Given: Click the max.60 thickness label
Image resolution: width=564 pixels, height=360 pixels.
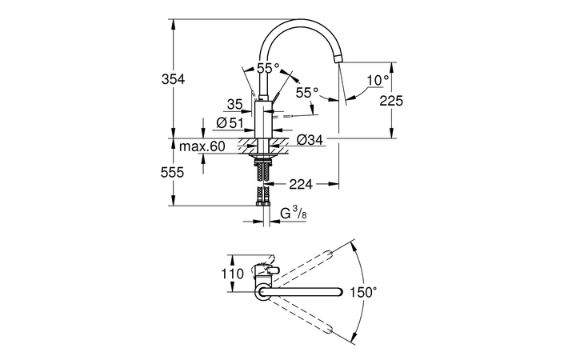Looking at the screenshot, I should (202, 146).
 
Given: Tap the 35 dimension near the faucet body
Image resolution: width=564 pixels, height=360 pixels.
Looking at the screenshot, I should (234, 104).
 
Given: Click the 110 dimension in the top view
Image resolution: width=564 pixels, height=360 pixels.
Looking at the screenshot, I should (232, 274).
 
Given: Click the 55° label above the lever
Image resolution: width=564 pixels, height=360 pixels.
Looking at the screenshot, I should (268, 69).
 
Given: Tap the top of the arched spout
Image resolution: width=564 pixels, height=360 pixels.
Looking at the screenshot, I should (300, 22).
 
